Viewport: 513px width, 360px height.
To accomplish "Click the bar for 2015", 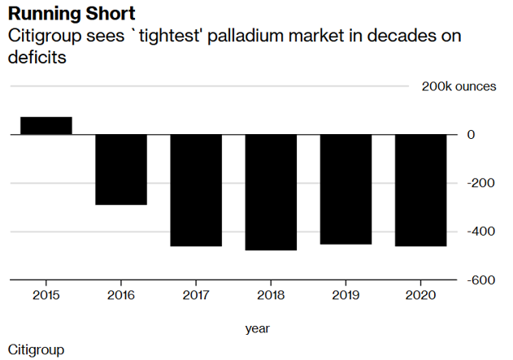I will pyautogui.click(x=46, y=125).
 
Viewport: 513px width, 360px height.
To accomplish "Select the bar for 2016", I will pyautogui.click(x=121, y=169).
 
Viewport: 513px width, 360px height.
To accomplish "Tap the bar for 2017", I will pyautogui.click(x=196, y=190).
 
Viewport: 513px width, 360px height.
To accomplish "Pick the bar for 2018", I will pyautogui.click(x=271, y=192).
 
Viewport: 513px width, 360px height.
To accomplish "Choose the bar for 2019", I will pyautogui.click(x=346, y=189).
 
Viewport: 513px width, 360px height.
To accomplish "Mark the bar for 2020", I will pyautogui.click(x=420, y=190).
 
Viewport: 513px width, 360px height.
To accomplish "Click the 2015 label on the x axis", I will pyautogui.click(x=46, y=296).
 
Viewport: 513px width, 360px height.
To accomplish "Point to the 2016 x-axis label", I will pyautogui.click(x=121, y=296).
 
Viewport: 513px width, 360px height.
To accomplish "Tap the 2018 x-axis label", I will pyautogui.click(x=271, y=296).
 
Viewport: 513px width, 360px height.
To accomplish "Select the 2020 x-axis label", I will pyautogui.click(x=420, y=296).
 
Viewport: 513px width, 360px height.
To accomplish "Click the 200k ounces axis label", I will pyautogui.click(x=459, y=86).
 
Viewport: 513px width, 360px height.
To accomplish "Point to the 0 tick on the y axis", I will pyautogui.click(x=471, y=134).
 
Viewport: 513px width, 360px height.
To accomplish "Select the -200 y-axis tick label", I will pyautogui.click(x=480, y=183).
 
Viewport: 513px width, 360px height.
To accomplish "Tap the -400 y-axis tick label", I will pyautogui.click(x=480, y=232).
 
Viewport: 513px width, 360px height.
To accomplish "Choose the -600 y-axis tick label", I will pyautogui.click(x=480, y=280).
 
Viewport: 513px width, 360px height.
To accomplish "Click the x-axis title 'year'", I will pyautogui.click(x=258, y=328).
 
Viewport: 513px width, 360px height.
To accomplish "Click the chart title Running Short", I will pyautogui.click(x=72, y=14).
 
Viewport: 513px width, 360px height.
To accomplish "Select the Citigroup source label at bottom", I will pyautogui.click(x=36, y=349).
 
